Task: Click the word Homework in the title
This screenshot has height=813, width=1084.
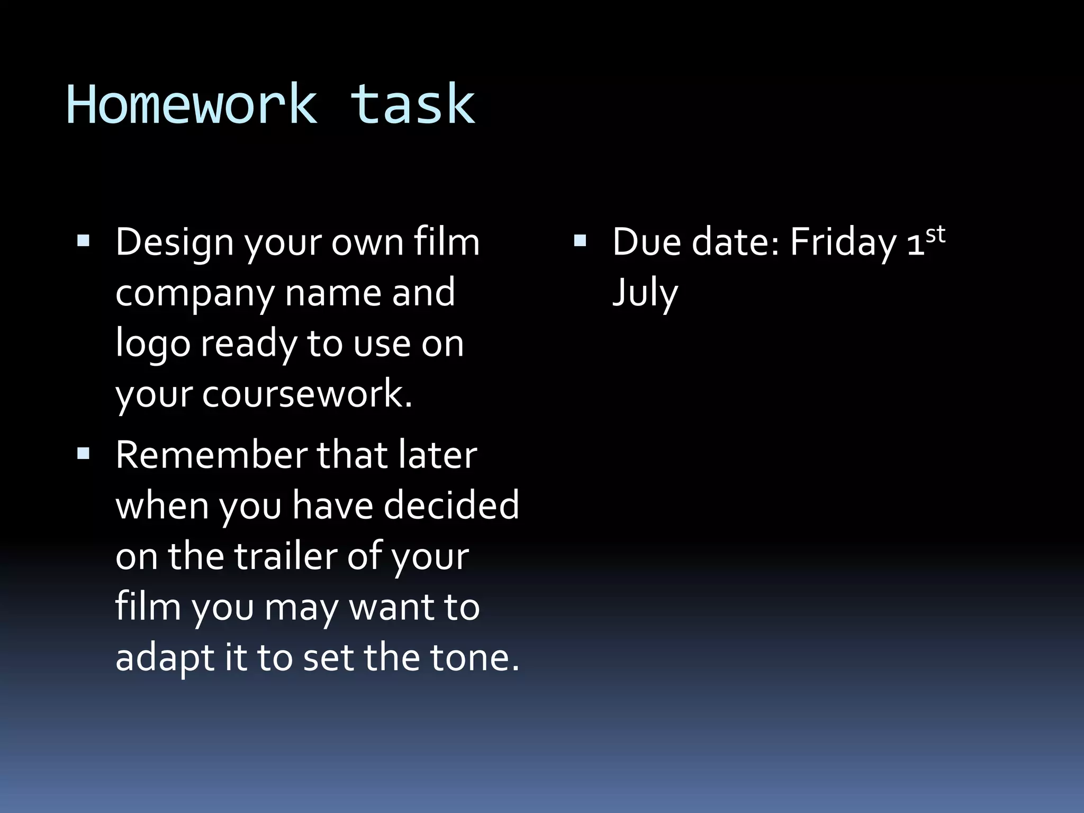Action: (x=191, y=105)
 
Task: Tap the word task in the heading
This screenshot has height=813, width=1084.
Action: (x=412, y=105)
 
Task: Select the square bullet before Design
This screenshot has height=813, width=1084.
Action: (x=83, y=242)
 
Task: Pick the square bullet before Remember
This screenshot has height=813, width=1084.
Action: (x=83, y=454)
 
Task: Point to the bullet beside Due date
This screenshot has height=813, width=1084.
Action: (x=580, y=242)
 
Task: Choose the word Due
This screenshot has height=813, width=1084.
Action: (x=647, y=242)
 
